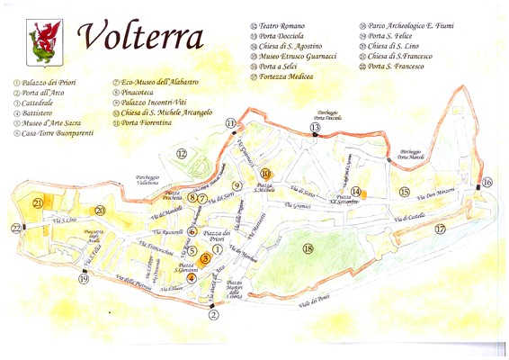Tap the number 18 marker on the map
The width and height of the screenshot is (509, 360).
[x=308, y=248]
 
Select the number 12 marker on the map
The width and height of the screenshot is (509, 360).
[x=182, y=154]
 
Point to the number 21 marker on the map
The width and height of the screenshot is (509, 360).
[x=37, y=203]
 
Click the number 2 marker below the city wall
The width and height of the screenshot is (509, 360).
[x=213, y=314]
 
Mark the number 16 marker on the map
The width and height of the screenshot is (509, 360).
[x=487, y=182]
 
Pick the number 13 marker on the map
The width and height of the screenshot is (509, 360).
[x=315, y=129]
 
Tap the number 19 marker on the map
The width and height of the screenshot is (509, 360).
[x=84, y=279]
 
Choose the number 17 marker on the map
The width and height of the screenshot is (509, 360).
[x=440, y=229]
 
